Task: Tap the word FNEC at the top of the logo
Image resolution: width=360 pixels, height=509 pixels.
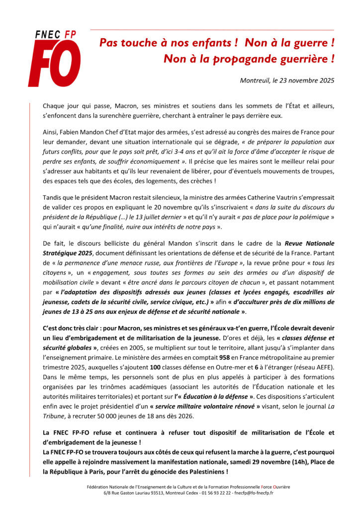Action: tap(47, 35)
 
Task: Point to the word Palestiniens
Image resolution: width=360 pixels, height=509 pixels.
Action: tap(202, 472)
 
